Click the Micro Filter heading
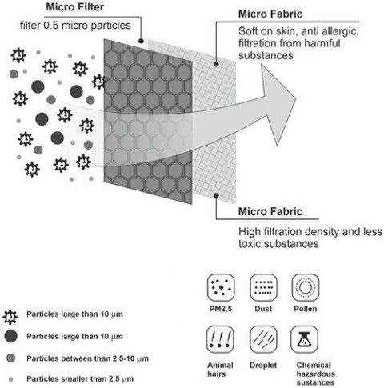point(75,7)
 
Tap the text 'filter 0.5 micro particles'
point(75,26)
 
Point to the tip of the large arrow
point(296,99)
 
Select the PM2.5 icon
point(221,288)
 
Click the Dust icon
point(263,288)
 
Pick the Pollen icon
point(306,288)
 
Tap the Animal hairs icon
point(220,339)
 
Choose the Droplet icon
point(263,339)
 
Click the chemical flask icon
point(304,339)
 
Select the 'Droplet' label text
point(263,366)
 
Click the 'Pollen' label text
point(306,309)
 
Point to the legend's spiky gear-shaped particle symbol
point(10,317)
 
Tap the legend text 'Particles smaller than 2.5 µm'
point(80,379)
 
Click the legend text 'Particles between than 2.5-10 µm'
point(87,358)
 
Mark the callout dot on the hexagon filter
point(141,41)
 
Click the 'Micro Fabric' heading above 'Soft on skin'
point(270,14)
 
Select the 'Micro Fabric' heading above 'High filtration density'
point(270,212)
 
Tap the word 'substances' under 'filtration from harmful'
point(266,56)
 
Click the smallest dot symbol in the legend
point(11,379)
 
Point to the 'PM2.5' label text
point(221,309)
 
